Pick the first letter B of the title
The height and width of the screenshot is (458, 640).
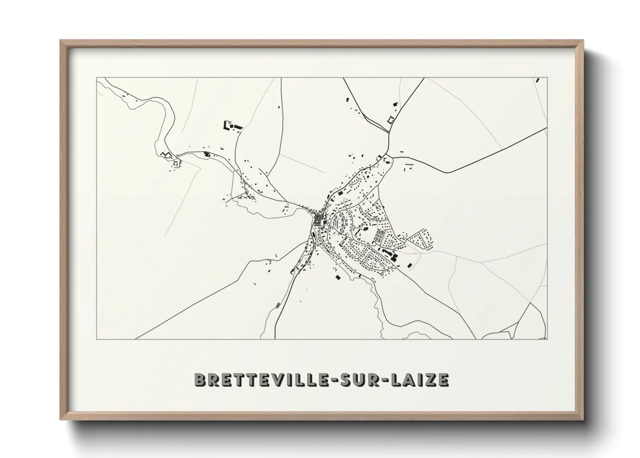[x=200, y=379]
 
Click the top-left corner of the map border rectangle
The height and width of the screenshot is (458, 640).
[x=96, y=78]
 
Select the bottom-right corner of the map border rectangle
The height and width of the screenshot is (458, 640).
[x=547, y=339]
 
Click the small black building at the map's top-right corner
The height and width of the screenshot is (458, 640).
[x=538, y=80]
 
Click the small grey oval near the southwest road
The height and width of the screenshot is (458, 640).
[x=277, y=306]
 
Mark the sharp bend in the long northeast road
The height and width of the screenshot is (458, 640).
[x=450, y=172]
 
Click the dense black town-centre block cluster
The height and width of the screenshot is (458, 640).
[x=319, y=219]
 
